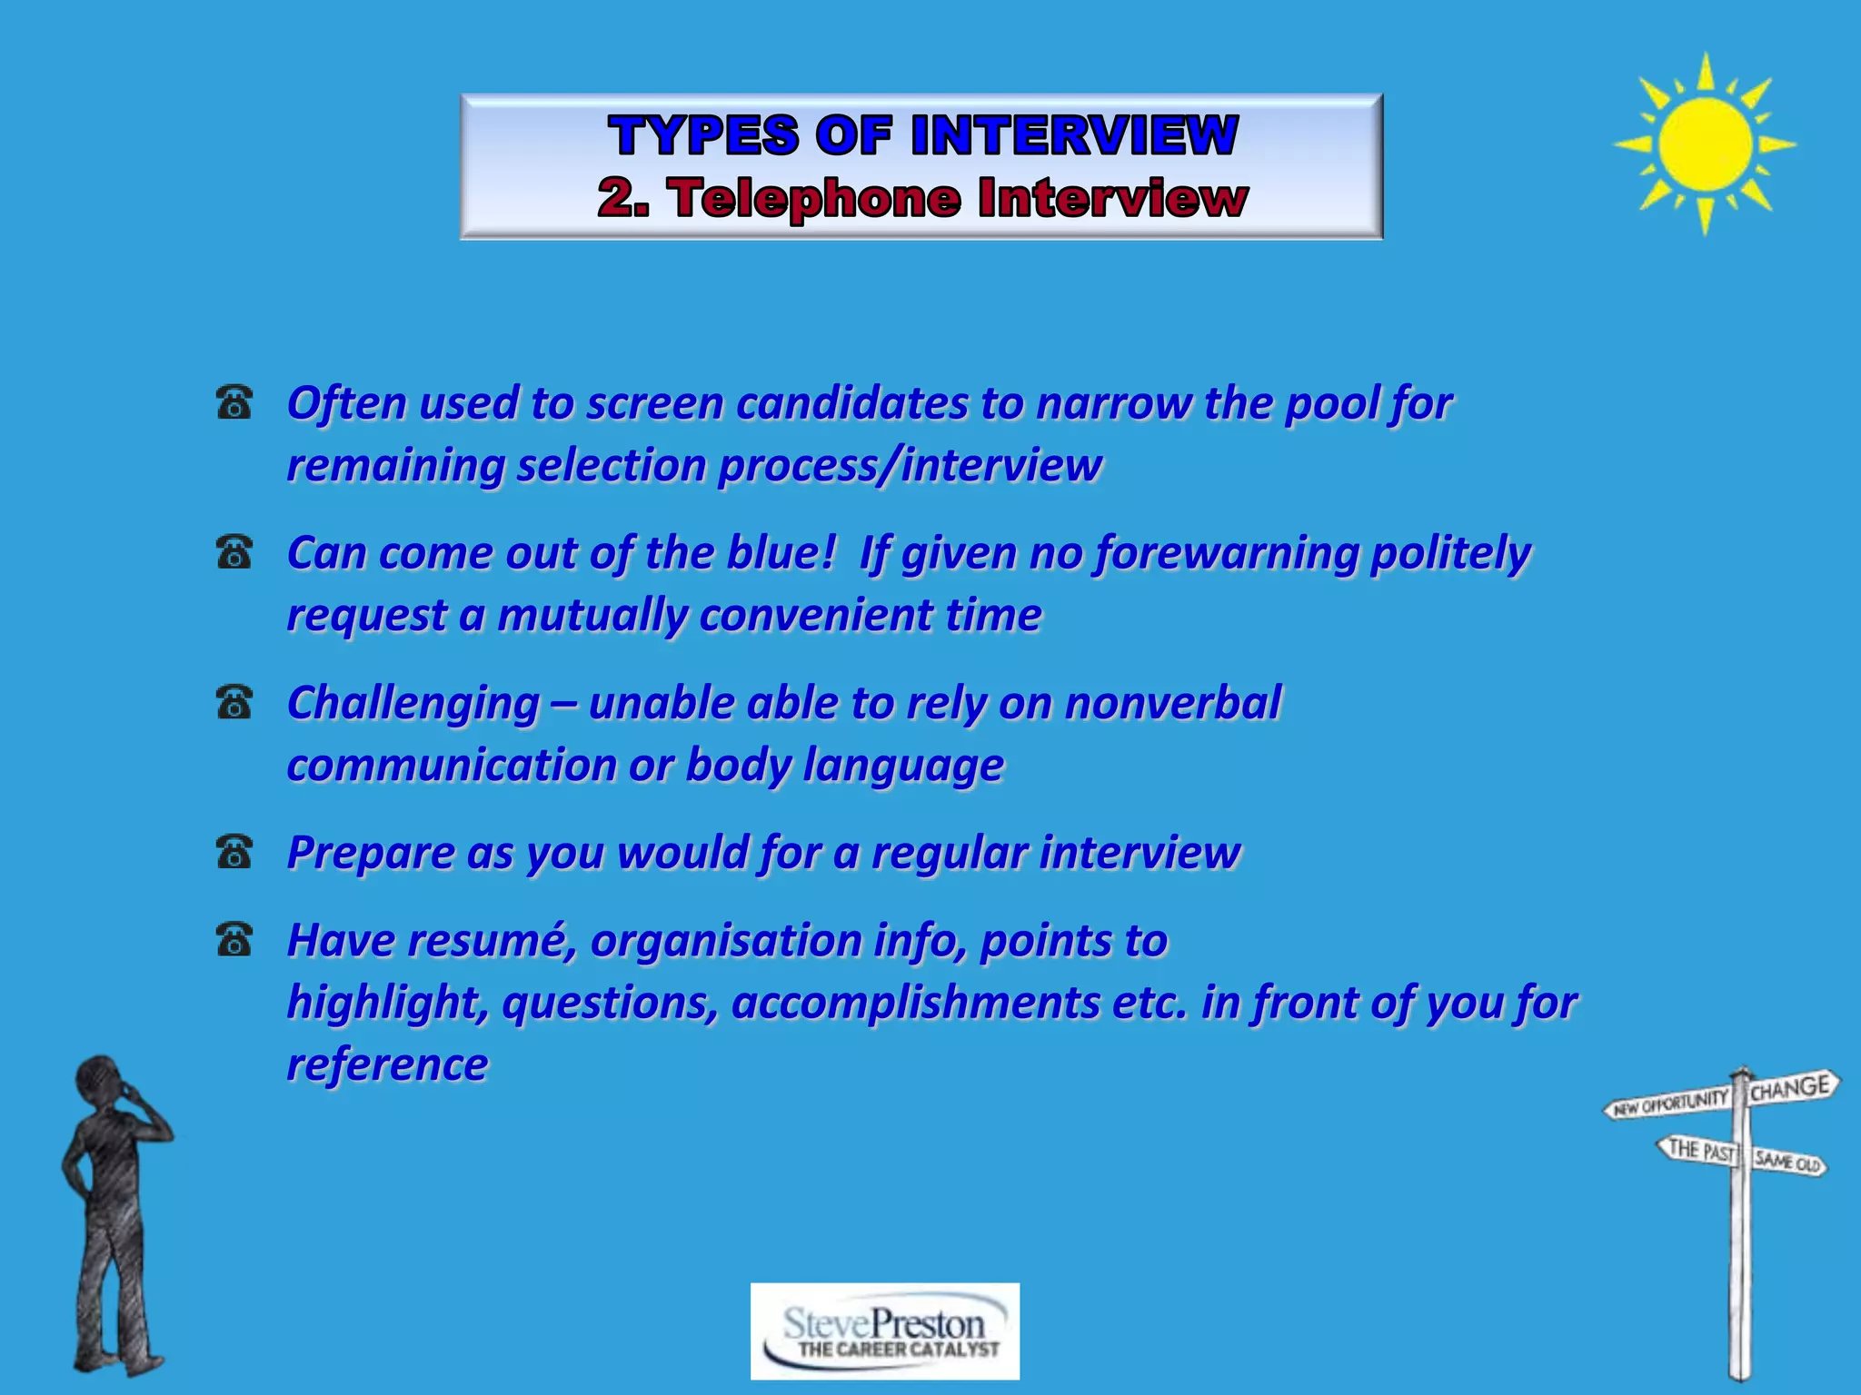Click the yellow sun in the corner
[1705, 143]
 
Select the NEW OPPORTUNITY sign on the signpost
[1670, 1103]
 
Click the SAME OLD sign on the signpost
[1786, 1161]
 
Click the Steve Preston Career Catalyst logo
[885, 1331]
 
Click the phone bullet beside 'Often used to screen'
[234, 402]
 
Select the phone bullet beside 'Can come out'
[234, 552]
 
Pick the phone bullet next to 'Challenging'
[234, 702]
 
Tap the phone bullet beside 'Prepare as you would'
[234, 852]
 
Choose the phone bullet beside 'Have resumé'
[234, 940]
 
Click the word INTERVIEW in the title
[1074, 136]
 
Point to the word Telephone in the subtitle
[815, 198]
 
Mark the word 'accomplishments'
[915, 1003]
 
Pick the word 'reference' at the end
[387, 1064]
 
